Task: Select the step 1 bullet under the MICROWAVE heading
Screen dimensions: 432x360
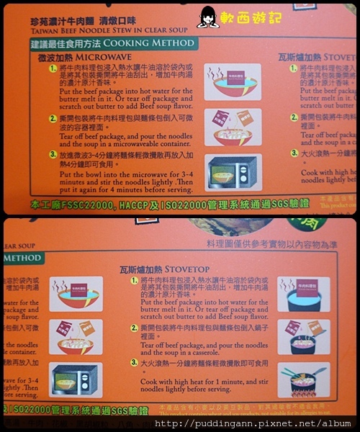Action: [x=53, y=70]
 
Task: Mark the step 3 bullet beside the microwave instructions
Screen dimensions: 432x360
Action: [x=53, y=154]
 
